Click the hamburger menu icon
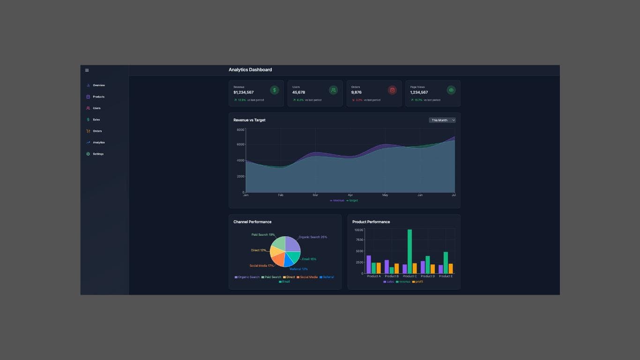click(x=87, y=70)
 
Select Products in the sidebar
click(x=98, y=97)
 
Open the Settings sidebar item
click(x=98, y=154)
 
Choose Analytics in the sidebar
click(x=98, y=142)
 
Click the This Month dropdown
click(x=442, y=120)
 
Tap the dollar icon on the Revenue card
click(x=275, y=90)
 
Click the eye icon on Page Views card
click(x=451, y=90)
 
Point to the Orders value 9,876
click(x=357, y=92)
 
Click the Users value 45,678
click(x=298, y=92)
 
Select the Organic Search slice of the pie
click(x=291, y=244)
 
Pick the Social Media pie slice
click(x=278, y=258)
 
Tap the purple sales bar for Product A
click(x=369, y=264)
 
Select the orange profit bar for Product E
click(x=451, y=269)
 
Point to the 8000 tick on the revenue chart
click(x=240, y=130)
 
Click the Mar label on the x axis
click(x=315, y=195)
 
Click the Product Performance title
click(x=371, y=222)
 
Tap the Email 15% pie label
click(x=309, y=259)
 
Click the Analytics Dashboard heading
click(x=250, y=70)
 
